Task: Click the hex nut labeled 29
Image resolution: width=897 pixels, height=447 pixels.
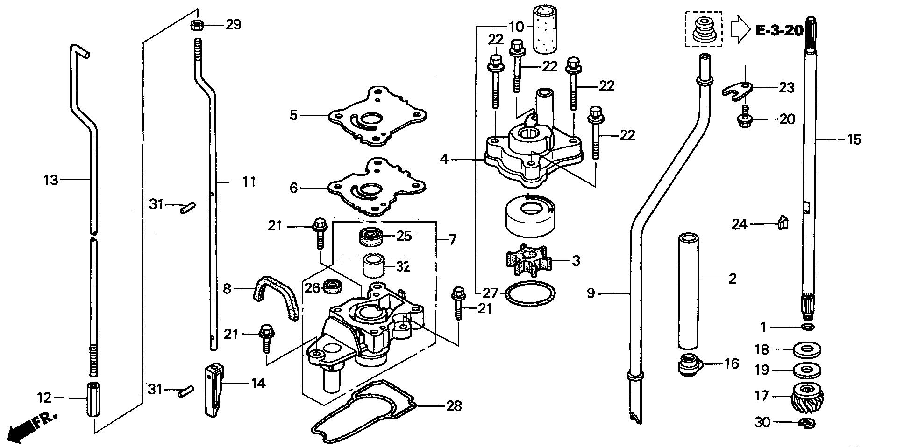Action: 196,25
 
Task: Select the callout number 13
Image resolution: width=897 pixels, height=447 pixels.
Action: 50,179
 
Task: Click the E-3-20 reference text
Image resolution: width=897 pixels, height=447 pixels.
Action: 779,31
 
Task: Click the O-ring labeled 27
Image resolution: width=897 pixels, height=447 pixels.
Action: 530,294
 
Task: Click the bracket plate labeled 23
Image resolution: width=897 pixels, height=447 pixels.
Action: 740,88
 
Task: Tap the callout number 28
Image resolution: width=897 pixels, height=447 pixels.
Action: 454,406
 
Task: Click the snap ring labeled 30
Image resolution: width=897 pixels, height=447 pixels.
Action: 807,423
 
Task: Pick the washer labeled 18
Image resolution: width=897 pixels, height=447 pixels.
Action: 807,350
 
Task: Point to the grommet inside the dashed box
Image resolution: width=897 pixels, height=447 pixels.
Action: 702,29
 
